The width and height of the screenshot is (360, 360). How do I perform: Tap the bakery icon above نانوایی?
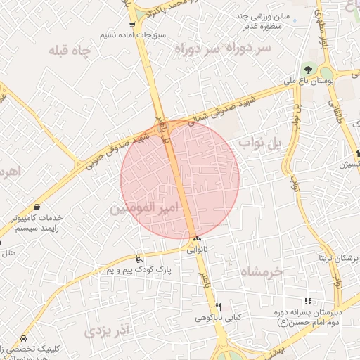[197, 239]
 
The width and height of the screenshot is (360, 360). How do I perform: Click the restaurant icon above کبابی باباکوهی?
[218, 307]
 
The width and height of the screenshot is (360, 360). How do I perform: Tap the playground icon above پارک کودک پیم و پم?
[139, 258]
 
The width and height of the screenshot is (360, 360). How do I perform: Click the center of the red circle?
[180, 179]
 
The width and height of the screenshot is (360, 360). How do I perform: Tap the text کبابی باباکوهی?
[218, 318]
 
